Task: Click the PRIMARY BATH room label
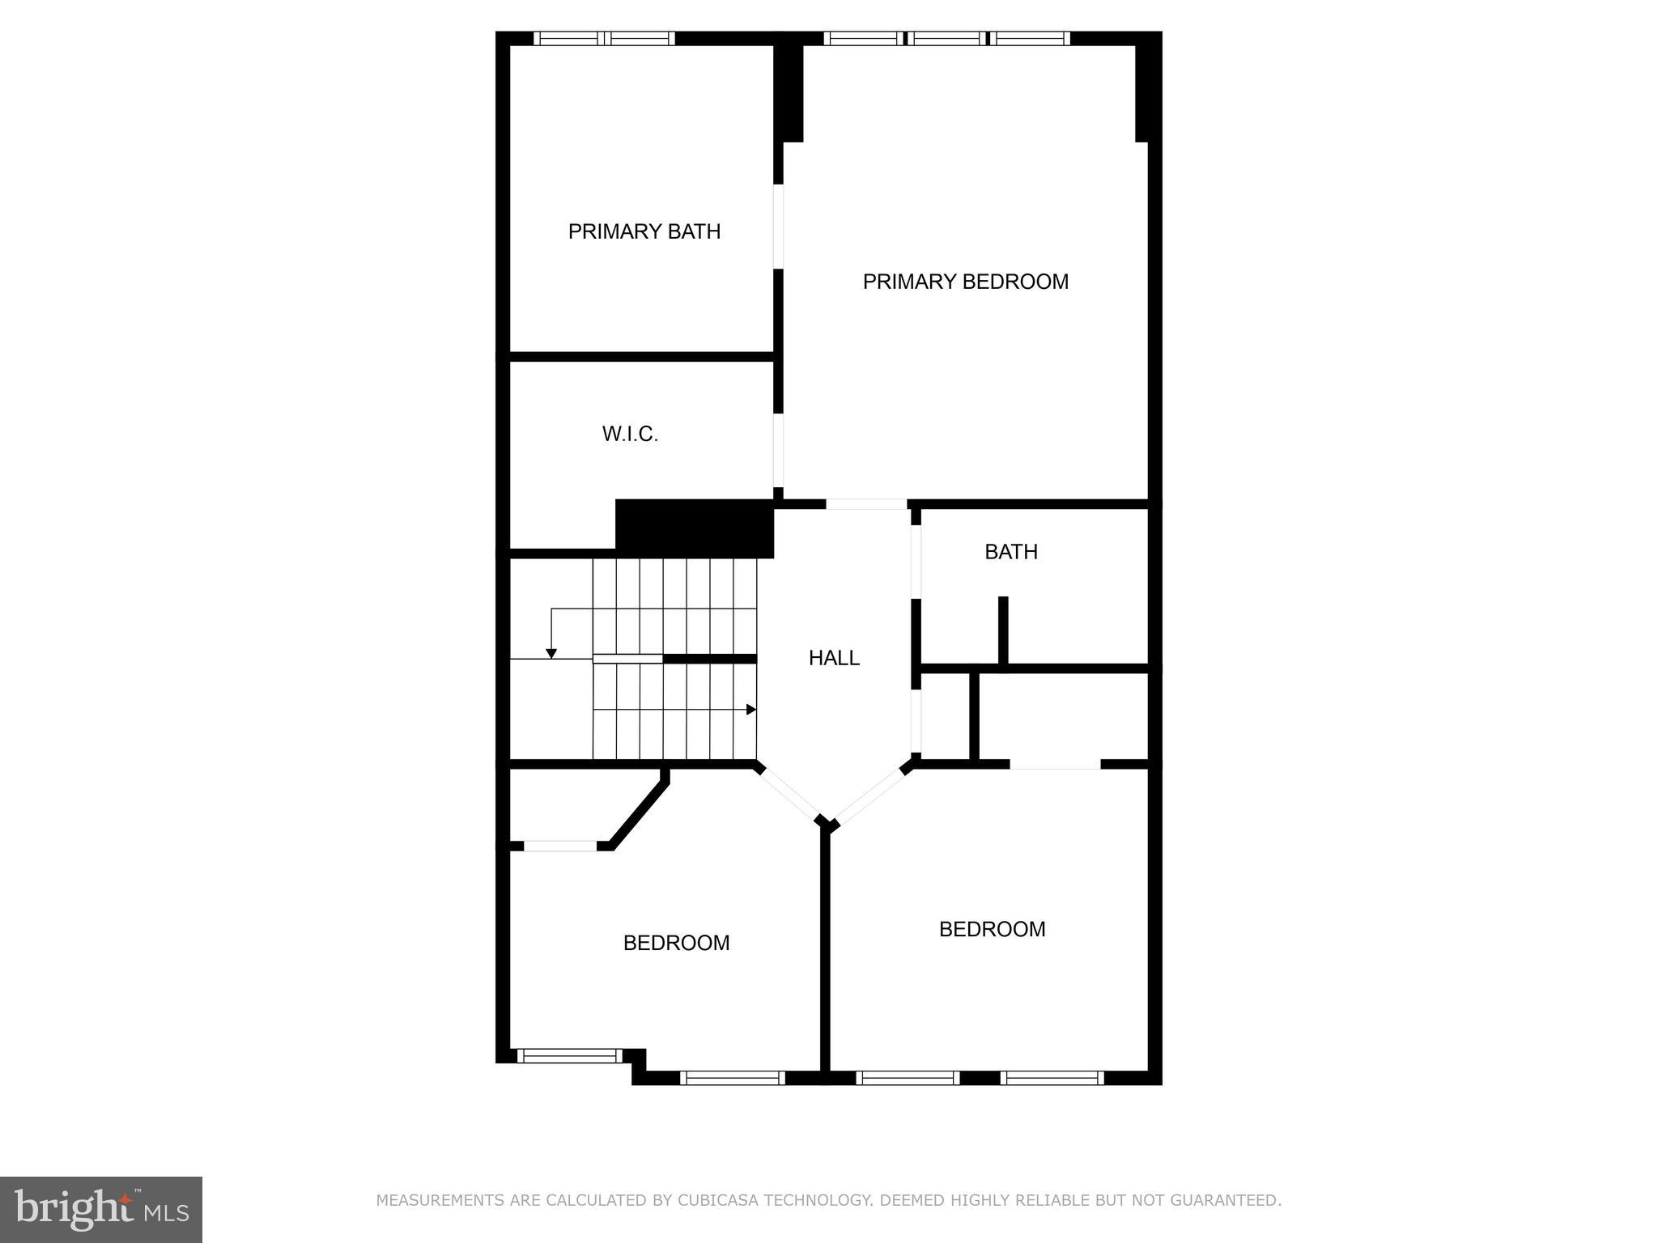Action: click(644, 232)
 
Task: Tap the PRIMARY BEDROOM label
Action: click(965, 282)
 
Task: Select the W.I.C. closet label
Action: click(630, 435)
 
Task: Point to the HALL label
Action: click(834, 659)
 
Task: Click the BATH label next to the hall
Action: click(1010, 552)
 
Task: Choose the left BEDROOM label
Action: click(676, 943)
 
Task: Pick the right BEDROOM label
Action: click(992, 929)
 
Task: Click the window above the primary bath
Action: click(603, 38)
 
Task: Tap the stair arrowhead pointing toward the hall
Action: click(751, 710)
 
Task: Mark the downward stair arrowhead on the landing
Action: click(551, 653)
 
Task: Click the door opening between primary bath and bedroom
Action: click(778, 227)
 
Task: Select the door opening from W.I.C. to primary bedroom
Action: click(778, 450)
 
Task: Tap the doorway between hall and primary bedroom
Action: click(865, 504)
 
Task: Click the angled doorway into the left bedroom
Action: click(790, 792)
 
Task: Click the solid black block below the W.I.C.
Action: click(695, 527)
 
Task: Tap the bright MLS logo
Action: click(101, 1209)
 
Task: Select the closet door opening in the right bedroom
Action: click(1055, 764)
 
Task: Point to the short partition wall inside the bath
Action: click(1003, 630)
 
